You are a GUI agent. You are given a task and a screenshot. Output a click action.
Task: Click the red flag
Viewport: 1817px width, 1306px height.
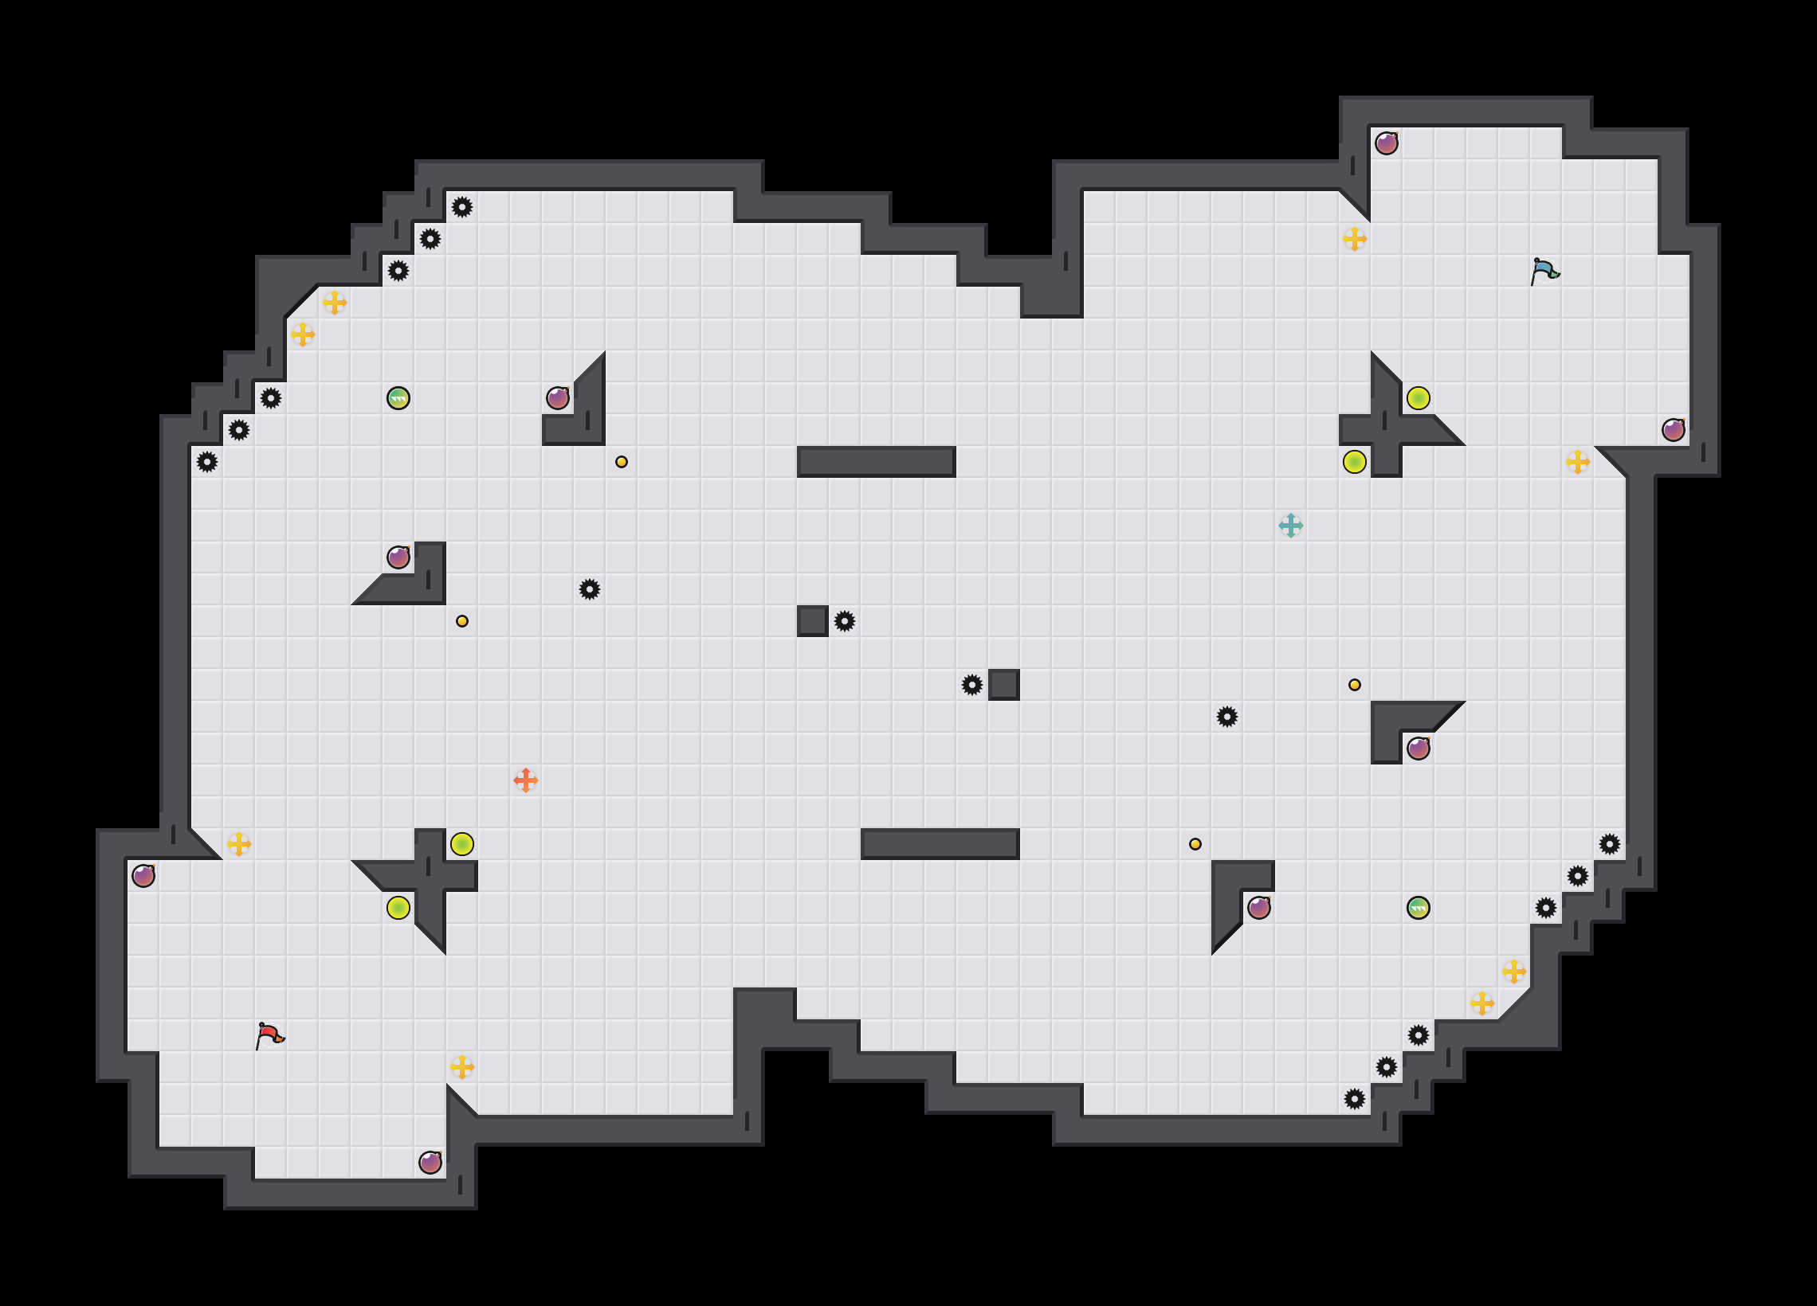[x=269, y=1034]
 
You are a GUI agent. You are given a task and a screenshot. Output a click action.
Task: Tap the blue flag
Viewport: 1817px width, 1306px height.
[x=1544, y=271]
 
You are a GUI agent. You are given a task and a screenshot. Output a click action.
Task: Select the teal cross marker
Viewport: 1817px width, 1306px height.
[x=1291, y=526]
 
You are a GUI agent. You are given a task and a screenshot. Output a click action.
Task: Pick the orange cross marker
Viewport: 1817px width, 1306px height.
[x=525, y=780]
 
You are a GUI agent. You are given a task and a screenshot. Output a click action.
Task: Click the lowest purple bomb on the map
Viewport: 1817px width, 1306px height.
[x=430, y=1162]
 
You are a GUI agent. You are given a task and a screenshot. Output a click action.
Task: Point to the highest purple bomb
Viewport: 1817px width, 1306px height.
[x=1386, y=143]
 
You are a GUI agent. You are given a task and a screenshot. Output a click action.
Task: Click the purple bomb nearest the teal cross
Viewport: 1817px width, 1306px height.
[x=1418, y=748]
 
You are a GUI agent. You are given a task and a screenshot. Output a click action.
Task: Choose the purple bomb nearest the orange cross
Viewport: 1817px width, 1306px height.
[x=398, y=557]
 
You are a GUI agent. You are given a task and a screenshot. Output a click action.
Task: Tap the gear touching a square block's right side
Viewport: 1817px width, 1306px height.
[x=845, y=621]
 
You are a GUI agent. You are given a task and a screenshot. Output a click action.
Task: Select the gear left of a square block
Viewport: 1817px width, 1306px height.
[x=971, y=685]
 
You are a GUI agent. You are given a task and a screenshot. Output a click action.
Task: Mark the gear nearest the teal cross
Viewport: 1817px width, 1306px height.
[x=1226, y=717]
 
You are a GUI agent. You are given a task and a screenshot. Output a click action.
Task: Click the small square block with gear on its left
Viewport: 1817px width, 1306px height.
[x=1004, y=685]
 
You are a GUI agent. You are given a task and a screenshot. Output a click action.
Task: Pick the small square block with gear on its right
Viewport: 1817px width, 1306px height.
[x=812, y=621]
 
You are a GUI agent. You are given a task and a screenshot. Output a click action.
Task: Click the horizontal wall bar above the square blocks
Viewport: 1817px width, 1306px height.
[x=876, y=462]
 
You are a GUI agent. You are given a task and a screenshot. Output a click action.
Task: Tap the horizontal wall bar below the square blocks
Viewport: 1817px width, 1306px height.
[x=940, y=844]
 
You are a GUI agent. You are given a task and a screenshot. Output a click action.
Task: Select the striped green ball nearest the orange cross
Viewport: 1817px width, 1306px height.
[x=398, y=398]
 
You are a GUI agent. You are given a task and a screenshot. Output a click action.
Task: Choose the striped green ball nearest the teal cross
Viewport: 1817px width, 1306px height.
[x=1418, y=907]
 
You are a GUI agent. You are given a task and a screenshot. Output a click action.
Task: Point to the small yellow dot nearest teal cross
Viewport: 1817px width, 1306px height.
[x=1354, y=685]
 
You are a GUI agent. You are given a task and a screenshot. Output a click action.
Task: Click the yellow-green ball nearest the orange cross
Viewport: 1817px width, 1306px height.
[x=462, y=844]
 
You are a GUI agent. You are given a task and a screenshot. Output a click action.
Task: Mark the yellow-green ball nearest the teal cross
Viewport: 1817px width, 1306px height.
[x=1354, y=462]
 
